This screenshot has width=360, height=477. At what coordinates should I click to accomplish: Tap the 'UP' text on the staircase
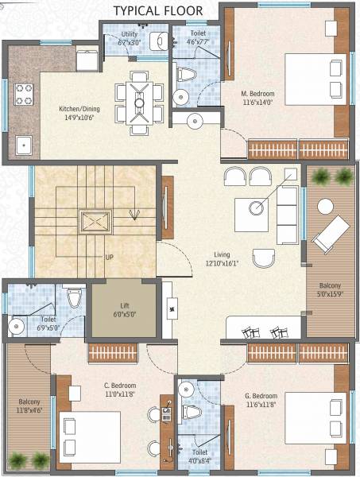click(x=110, y=258)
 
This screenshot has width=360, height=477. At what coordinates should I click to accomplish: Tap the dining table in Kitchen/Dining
click(x=140, y=103)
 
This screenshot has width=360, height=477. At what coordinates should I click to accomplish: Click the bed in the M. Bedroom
click(x=314, y=72)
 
